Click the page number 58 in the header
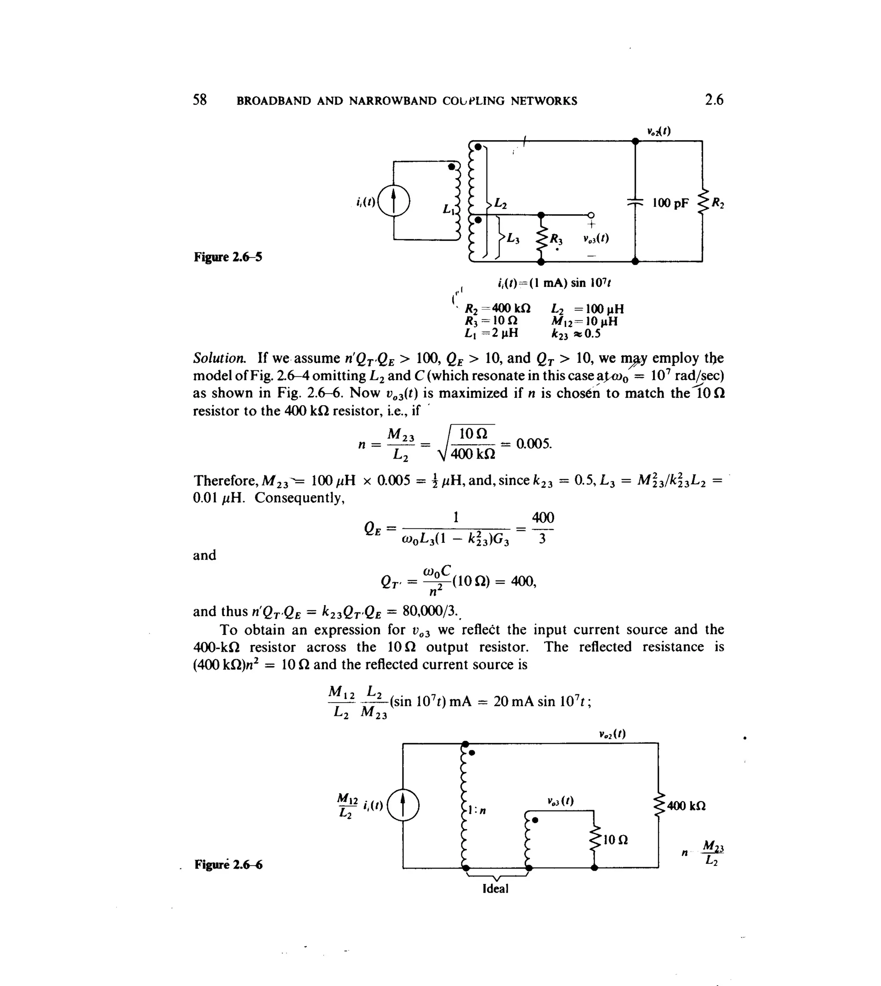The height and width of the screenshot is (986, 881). coord(200,100)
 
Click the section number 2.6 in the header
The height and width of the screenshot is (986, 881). coord(714,100)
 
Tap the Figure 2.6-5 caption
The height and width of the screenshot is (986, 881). coord(228,257)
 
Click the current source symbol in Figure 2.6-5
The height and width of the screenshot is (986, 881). coord(394,201)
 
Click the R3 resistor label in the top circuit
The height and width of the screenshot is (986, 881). coord(556,239)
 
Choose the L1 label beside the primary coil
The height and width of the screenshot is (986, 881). coord(448,209)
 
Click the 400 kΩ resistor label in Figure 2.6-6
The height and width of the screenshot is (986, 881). coord(686,806)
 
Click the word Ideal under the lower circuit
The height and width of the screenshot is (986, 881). coord(495,889)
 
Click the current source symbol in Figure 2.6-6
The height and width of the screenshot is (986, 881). coord(403,806)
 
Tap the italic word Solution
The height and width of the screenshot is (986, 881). coord(219,359)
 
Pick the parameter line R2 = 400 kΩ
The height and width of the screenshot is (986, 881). coord(497,309)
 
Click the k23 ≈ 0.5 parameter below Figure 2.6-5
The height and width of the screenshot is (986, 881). coord(576,334)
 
